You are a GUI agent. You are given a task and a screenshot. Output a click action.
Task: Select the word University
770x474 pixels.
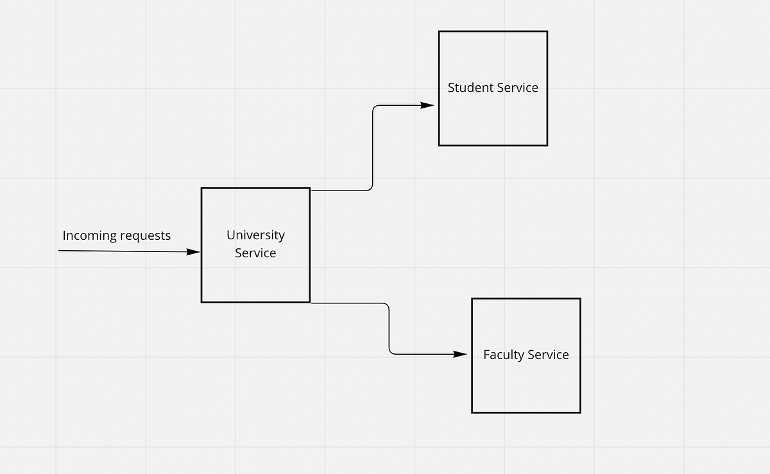(x=255, y=235)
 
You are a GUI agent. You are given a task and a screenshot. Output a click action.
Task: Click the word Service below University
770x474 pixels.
(x=255, y=253)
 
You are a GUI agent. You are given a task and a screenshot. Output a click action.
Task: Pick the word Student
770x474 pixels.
(x=470, y=88)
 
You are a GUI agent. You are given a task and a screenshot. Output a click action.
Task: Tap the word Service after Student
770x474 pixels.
(x=517, y=88)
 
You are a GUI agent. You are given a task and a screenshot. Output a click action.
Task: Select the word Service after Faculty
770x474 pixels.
(x=548, y=355)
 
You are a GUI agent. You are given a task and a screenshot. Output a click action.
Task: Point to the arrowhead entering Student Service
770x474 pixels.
(x=428, y=105)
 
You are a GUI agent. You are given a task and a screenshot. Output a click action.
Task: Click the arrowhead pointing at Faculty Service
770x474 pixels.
(x=461, y=354)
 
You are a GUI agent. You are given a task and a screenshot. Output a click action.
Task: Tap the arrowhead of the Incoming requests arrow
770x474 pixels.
(x=193, y=252)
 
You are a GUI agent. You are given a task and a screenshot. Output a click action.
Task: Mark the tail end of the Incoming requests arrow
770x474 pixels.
(x=59, y=251)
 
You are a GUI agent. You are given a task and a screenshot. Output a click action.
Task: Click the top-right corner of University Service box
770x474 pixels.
(x=310, y=188)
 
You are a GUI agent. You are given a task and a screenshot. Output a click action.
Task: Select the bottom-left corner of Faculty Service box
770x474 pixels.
(x=472, y=412)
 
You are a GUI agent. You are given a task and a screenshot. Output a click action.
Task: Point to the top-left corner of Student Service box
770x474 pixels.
(x=439, y=31)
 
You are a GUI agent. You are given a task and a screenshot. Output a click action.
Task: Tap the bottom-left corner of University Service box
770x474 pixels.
(x=201, y=301)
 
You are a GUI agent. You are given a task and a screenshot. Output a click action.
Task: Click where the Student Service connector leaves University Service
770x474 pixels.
(x=312, y=190)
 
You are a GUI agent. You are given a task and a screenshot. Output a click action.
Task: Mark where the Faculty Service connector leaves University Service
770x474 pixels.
(x=312, y=303)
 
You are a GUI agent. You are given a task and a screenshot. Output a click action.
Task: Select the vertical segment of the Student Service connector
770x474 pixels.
(x=373, y=148)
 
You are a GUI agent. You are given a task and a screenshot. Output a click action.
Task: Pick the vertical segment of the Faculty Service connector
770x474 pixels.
(x=389, y=328)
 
